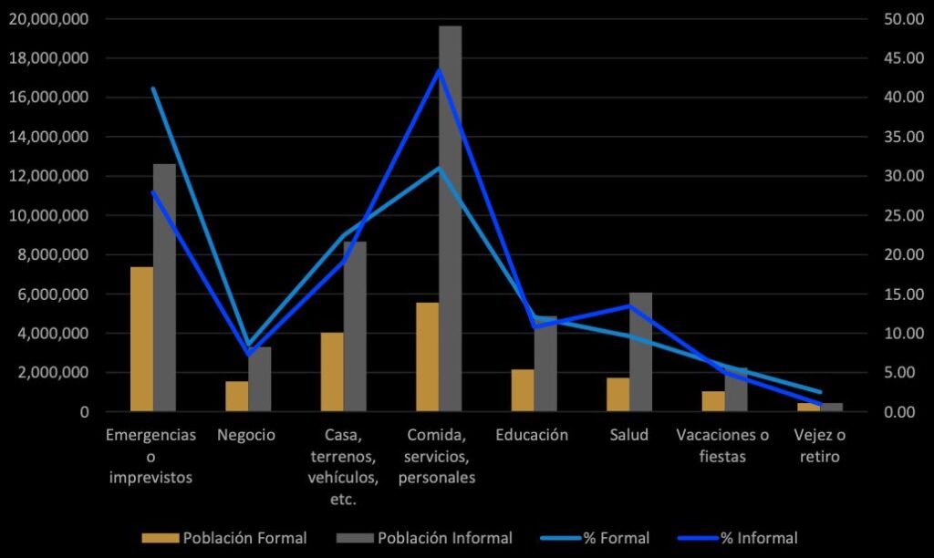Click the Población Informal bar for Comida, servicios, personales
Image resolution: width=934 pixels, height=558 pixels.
(x=450, y=219)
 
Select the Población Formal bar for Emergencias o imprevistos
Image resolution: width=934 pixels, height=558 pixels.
(x=141, y=339)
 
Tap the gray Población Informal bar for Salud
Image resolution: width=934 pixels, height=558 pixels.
(x=641, y=352)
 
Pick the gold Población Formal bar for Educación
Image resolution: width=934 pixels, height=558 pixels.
(x=523, y=390)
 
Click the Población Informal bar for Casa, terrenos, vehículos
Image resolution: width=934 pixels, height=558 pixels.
(x=355, y=326)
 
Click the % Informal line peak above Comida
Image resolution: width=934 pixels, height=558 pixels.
(x=439, y=70)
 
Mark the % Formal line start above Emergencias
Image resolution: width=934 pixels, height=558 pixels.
(x=153, y=88)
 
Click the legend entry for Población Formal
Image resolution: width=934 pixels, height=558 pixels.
(x=224, y=538)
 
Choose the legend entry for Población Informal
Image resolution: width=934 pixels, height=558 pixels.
(x=424, y=538)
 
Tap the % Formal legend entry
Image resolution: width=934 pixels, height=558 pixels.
(x=598, y=538)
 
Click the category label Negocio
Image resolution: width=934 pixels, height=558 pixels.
(x=246, y=435)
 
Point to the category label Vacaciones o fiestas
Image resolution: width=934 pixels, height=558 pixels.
(x=723, y=446)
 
